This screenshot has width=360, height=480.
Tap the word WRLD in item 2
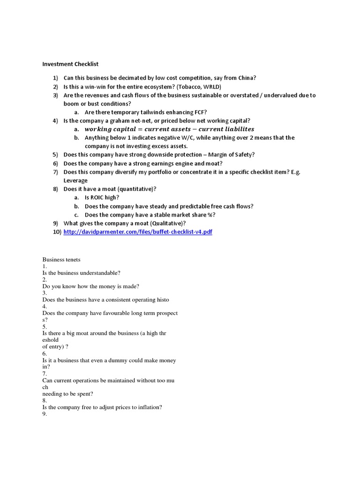[x=211, y=87]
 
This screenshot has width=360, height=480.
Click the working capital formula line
[x=169, y=129]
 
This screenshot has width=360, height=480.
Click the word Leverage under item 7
[x=75, y=180]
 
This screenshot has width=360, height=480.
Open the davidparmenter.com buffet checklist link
[x=138, y=232]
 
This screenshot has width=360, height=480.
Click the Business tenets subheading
[x=61, y=259]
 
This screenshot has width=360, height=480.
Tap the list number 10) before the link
[x=57, y=232]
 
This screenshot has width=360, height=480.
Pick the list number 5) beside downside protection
[x=55, y=155]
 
